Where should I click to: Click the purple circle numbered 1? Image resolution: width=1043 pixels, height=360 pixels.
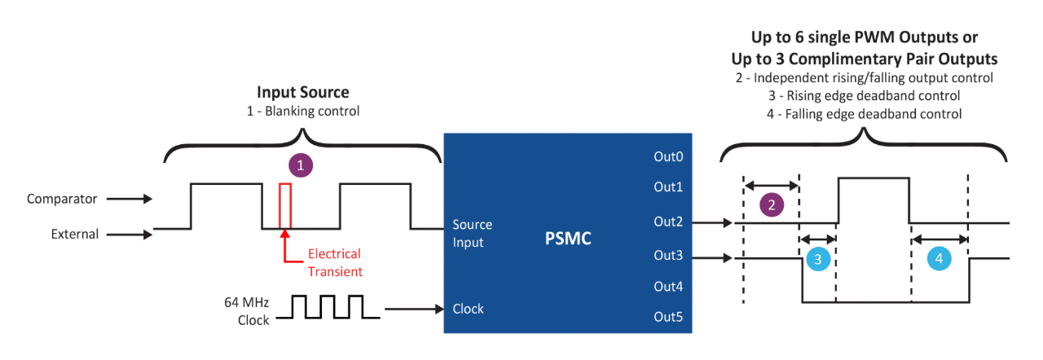click(x=301, y=165)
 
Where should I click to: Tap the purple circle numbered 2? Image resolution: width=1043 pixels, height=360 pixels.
click(x=771, y=205)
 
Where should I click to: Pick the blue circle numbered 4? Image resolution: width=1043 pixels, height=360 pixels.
click(x=939, y=259)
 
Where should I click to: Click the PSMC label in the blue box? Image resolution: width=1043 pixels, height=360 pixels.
click(x=567, y=239)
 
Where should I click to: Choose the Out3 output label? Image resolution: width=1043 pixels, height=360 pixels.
click(x=667, y=255)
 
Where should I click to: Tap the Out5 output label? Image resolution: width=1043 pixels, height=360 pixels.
click(x=667, y=317)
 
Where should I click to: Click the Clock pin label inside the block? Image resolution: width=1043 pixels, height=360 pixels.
click(x=468, y=309)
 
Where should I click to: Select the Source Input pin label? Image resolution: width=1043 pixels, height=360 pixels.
click(x=473, y=233)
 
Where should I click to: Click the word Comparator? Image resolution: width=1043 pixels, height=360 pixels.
click(x=62, y=199)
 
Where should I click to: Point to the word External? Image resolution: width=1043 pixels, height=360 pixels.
click(x=75, y=234)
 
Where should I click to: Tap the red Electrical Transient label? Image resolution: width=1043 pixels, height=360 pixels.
click(x=334, y=262)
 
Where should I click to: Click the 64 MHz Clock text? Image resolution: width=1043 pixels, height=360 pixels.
click(x=247, y=311)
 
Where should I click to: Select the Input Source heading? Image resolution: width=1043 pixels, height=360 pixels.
click(x=303, y=92)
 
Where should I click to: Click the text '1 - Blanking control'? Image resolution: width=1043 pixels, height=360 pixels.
click(x=303, y=111)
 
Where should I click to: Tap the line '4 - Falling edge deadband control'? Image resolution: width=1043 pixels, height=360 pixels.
click(x=865, y=114)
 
